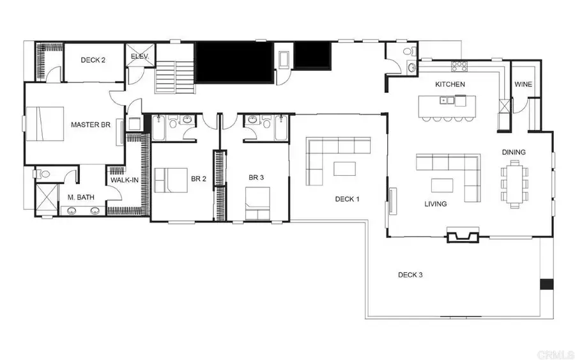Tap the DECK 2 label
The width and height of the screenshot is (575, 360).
coord(93,60)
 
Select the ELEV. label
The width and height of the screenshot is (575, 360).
coord(140,56)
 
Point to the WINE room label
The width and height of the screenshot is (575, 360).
coord(523,85)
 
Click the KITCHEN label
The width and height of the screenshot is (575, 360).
coord(450,84)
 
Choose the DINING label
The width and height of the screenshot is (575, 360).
coord(514,152)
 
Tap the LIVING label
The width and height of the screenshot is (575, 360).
coord(436,204)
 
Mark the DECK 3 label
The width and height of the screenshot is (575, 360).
coord(410,275)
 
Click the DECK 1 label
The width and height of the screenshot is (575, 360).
coord(348,199)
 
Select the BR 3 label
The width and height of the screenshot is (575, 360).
coord(257,177)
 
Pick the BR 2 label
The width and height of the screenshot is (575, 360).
coord(199,179)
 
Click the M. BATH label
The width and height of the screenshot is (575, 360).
coord(82,197)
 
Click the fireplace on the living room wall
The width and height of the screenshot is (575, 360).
coord(463,237)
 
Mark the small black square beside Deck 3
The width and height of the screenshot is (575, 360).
coord(546,285)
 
